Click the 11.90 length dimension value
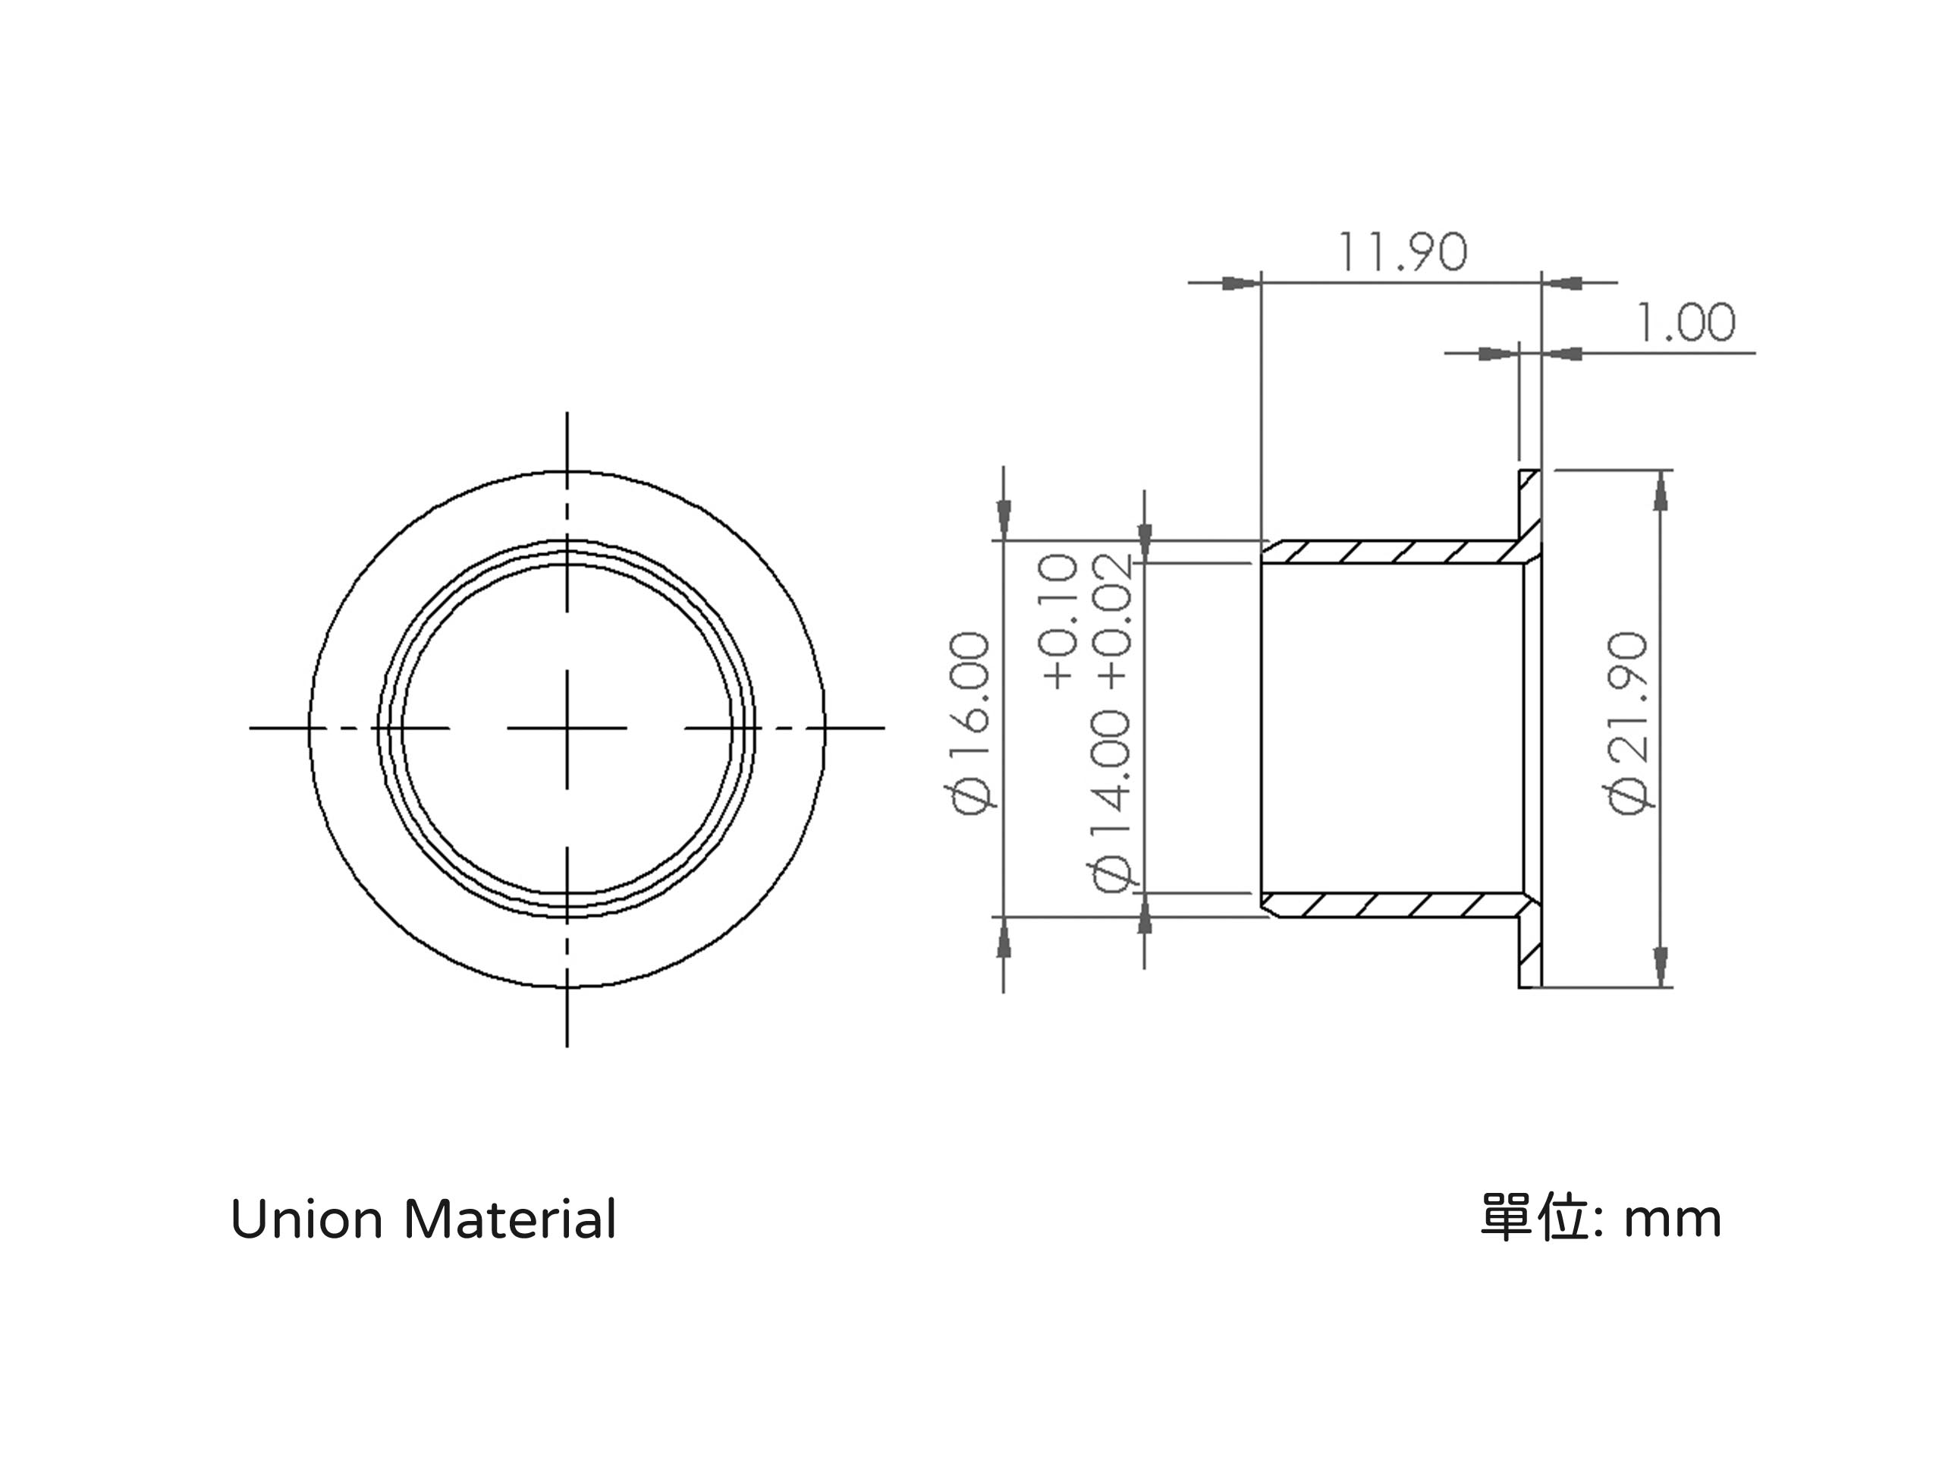(1402, 252)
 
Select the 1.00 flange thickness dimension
(1686, 323)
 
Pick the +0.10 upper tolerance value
(1058, 620)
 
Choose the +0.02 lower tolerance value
(1111, 620)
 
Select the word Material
(510, 1220)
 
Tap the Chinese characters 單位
(1533, 1217)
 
